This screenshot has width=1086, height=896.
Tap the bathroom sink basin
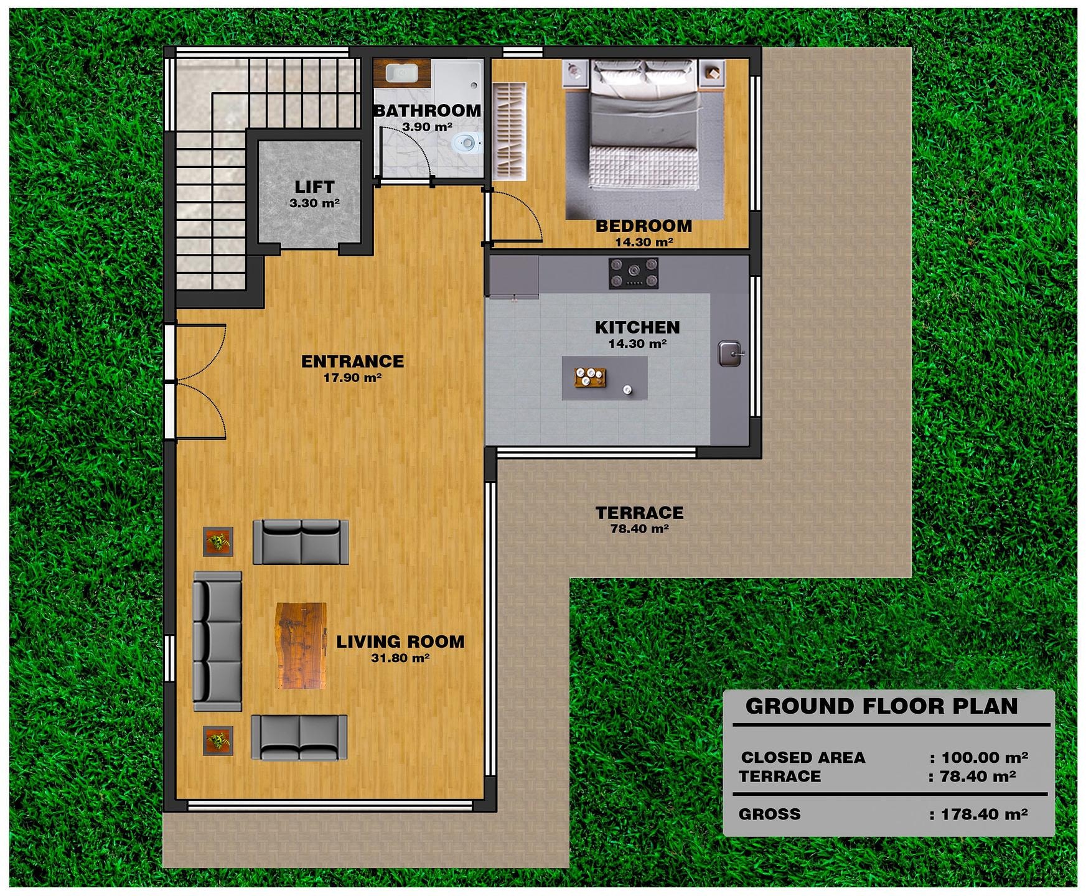[401, 73]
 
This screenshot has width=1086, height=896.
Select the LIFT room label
[314, 187]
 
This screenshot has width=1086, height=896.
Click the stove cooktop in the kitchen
[634, 273]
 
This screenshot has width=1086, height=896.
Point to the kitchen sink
[730, 353]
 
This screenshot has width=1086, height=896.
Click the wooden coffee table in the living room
[301, 646]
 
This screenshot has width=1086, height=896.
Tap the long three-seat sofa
[217, 642]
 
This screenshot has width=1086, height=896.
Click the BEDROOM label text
[644, 226]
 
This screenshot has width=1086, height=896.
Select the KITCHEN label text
[637, 327]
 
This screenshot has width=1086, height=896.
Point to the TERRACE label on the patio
[639, 513]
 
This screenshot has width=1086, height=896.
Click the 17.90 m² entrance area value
[352, 377]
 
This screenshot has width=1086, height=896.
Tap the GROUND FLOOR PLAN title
[881, 706]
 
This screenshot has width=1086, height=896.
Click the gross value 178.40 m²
[984, 814]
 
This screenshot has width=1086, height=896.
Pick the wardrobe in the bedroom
[509, 132]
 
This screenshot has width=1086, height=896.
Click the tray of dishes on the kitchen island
[590, 377]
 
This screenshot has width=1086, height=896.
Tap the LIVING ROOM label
[400, 642]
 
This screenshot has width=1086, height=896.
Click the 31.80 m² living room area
[400, 658]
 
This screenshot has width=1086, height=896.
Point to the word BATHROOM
[428, 111]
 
